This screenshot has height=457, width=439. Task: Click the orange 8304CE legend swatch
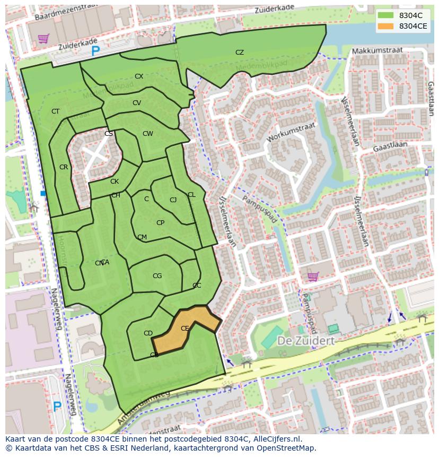[386, 26]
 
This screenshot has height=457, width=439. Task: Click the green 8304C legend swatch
[386, 15]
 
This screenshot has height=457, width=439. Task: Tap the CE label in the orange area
[185, 329]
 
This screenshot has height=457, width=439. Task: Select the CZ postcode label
[240, 53]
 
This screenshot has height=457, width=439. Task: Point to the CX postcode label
[139, 76]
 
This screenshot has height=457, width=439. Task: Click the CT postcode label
[56, 111]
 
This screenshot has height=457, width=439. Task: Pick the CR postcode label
[64, 167]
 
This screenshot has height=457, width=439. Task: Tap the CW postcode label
[147, 134]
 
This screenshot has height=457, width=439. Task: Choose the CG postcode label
[157, 276]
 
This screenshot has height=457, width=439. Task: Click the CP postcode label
[160, 223]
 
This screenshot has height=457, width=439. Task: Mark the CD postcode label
[148, 333]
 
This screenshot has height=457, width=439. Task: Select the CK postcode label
[115, 182]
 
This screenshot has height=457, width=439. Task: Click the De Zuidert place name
[306, 341]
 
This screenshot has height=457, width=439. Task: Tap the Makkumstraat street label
[377, 50]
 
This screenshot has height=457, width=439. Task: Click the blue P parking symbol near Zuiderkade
[95, 51]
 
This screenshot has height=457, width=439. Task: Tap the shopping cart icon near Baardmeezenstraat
[43, 38]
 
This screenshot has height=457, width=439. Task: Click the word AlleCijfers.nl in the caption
[276, 439]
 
